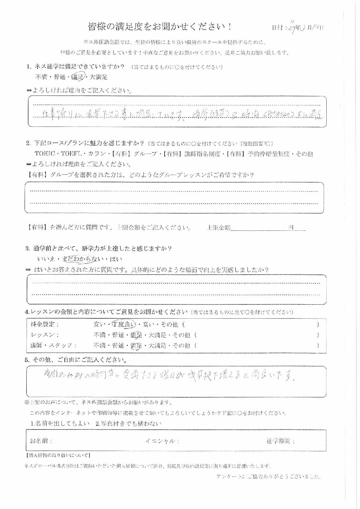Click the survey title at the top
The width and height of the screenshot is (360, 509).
(x=160, y=27)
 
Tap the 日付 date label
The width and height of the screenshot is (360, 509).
(x=278, y=28)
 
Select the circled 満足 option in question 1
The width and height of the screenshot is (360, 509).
(x=79, y=77)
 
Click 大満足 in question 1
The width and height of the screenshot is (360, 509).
(x=99, y=77)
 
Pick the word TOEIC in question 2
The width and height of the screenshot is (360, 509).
(x=44, y=154)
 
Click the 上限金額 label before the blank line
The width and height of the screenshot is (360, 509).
(x=218, y=228)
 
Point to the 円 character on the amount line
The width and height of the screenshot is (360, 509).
(x=291, y=228)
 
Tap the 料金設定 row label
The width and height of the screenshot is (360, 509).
(x=45, y=324)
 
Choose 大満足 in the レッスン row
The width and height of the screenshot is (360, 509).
(x=157, y=335)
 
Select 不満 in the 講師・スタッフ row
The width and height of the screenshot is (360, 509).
(x=100, y=345)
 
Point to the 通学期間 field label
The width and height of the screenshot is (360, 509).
(x=281, y=441)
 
